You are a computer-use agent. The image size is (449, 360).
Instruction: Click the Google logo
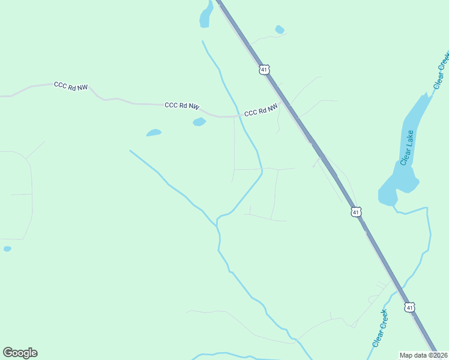click(x=20, y=353)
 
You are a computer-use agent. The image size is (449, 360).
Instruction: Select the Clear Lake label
click(x=408, y=150)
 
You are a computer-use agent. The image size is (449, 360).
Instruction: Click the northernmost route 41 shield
click(x=264, y=70)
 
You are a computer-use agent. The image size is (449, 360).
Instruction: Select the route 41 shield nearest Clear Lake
click(x=356, y=212)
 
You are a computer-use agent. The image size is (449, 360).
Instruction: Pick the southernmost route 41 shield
click(x=409, y=307)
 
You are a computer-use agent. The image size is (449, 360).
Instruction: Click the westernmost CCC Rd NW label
click(x=71, y=86)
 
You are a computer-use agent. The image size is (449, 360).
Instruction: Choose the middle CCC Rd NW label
click(x=181, y=106)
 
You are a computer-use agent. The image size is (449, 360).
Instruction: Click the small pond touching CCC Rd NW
click(x=199, y=122)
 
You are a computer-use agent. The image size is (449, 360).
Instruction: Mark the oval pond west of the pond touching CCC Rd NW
click(x=154, y=133)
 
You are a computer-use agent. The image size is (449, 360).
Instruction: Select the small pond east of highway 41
click(x=279, y=29)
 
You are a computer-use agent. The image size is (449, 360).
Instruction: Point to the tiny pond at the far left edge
click(x=7, y=248)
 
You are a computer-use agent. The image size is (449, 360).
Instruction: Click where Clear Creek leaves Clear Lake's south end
click(x=394, y=207)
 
